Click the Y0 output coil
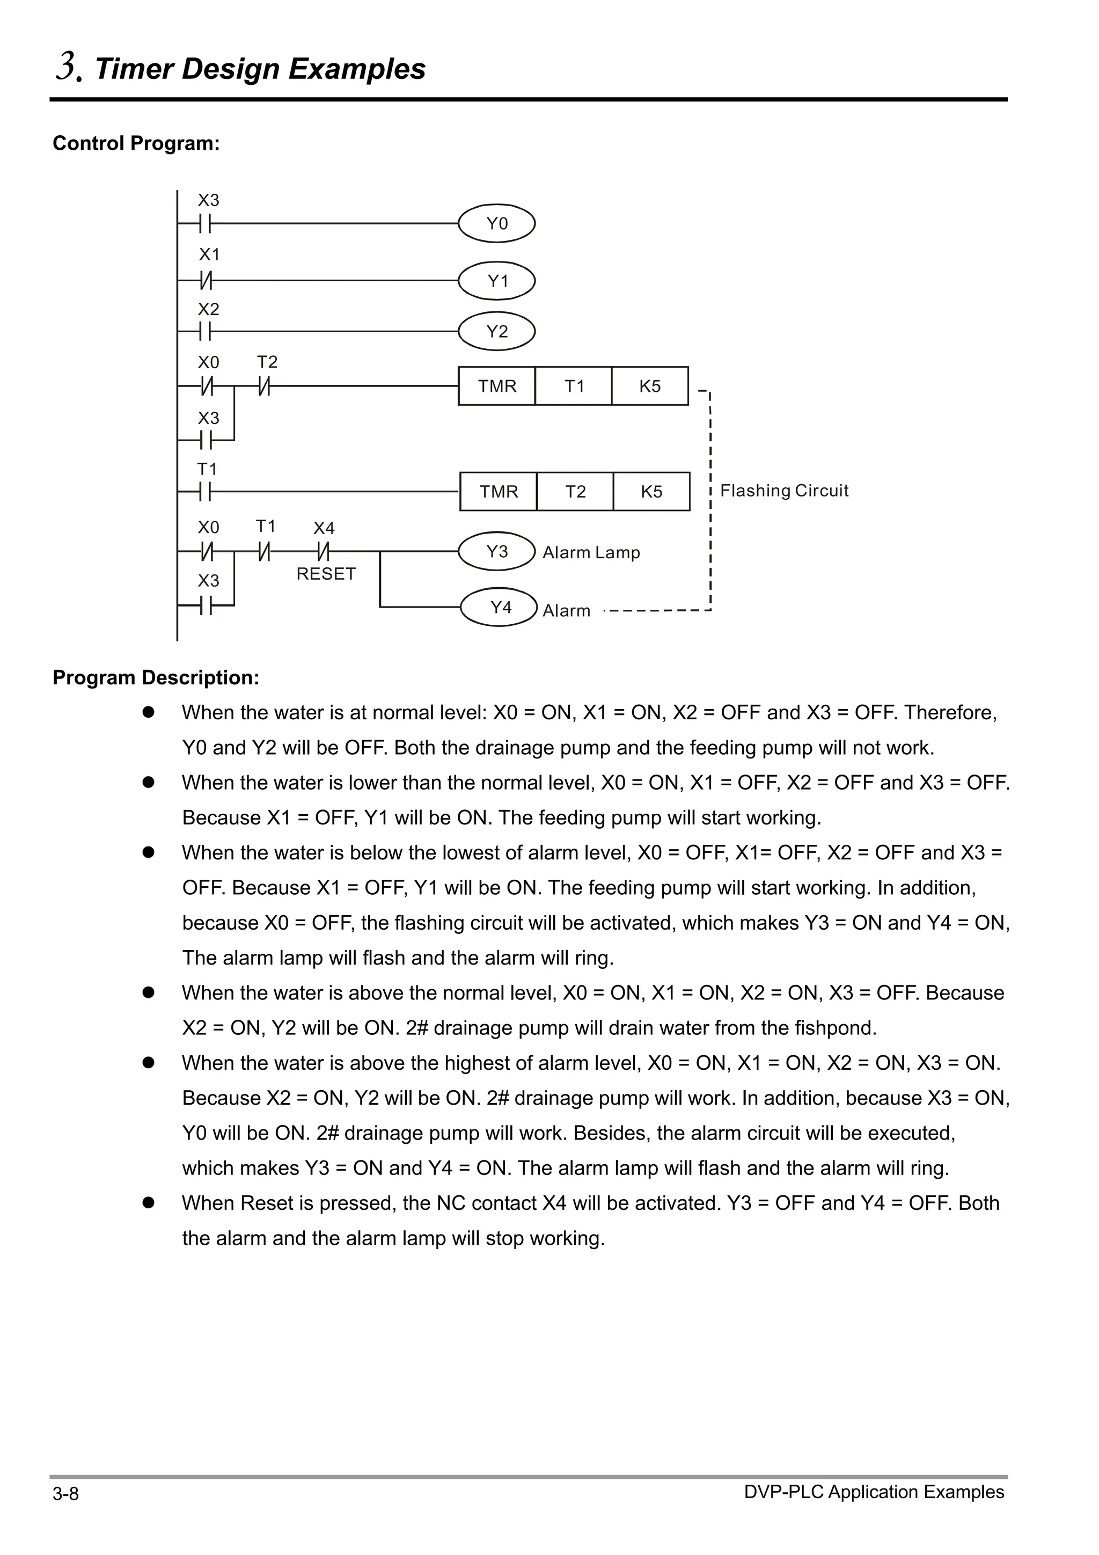point(496,223)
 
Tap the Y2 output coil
point(496,331)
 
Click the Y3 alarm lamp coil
point(496,551)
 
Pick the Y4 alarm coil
point(499,607)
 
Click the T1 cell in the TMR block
point(574,386)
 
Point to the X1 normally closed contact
point(206,280)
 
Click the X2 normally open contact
point(206,332)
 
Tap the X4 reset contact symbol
point(324,552)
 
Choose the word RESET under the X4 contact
point(326,574)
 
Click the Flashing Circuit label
point(783,491)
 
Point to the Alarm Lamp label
point(591,553)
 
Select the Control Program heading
point(136,143)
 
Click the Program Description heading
point(156,677)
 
